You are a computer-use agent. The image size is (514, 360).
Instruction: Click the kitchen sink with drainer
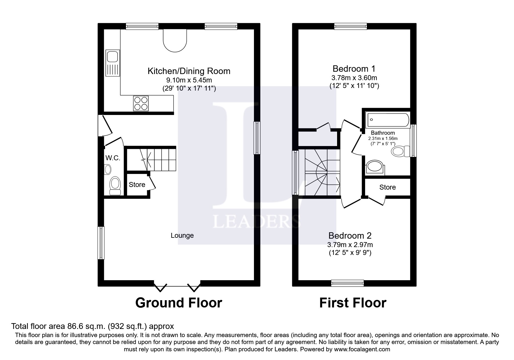[x=113, y=63]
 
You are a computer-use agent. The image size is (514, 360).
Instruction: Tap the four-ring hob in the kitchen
[x=141, y=103]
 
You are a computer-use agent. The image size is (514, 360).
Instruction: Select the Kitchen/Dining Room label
[x=189, y=71]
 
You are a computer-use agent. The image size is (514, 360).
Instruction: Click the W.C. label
[x=113, y=158]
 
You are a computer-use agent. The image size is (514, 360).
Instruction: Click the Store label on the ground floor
[x=137, y=185]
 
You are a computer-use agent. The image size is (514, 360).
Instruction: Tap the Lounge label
[x=182, y=235]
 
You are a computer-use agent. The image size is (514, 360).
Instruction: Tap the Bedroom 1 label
[x=354, y=69]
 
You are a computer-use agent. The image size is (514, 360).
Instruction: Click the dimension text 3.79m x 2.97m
[x=350, y=245]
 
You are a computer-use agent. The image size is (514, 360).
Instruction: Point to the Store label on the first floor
[x=387, y=187]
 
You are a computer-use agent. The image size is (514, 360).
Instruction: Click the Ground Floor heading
[x=178, y=303]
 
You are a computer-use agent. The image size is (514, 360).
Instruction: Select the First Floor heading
[x=353, y=303]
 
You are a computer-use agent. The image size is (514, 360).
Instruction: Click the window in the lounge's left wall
[x=101, y=243]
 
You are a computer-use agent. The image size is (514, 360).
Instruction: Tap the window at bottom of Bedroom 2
[x=347, y=283]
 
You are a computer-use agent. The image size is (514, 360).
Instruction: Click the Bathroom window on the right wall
[x=413, y=141]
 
